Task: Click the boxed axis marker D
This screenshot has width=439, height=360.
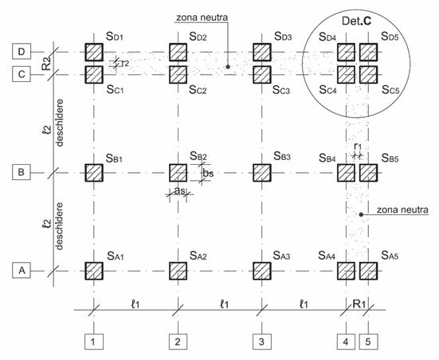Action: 22,52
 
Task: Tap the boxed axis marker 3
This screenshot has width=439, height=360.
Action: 262,342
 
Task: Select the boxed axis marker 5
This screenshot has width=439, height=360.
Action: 368,342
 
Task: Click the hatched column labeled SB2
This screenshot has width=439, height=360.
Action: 178,173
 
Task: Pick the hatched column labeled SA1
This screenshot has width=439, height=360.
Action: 94,271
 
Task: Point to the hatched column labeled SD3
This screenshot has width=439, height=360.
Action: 262,52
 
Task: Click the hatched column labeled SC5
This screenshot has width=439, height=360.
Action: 368,74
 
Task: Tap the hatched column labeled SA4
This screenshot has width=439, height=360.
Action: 346,271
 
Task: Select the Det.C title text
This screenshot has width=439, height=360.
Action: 356,22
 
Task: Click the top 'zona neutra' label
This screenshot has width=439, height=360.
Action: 202,18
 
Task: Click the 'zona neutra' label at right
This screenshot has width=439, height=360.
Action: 402,209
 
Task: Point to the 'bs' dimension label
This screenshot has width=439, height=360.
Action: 208,174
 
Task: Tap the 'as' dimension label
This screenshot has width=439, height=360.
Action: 179,190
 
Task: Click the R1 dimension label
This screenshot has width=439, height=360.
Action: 359,303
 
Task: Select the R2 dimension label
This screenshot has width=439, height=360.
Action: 46,63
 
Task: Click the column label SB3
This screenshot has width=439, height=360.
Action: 282,156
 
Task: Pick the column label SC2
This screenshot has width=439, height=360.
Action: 198,90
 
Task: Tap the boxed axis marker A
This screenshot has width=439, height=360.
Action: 22,271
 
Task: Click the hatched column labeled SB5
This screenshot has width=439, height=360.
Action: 368,173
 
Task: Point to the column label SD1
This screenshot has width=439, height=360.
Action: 115,36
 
